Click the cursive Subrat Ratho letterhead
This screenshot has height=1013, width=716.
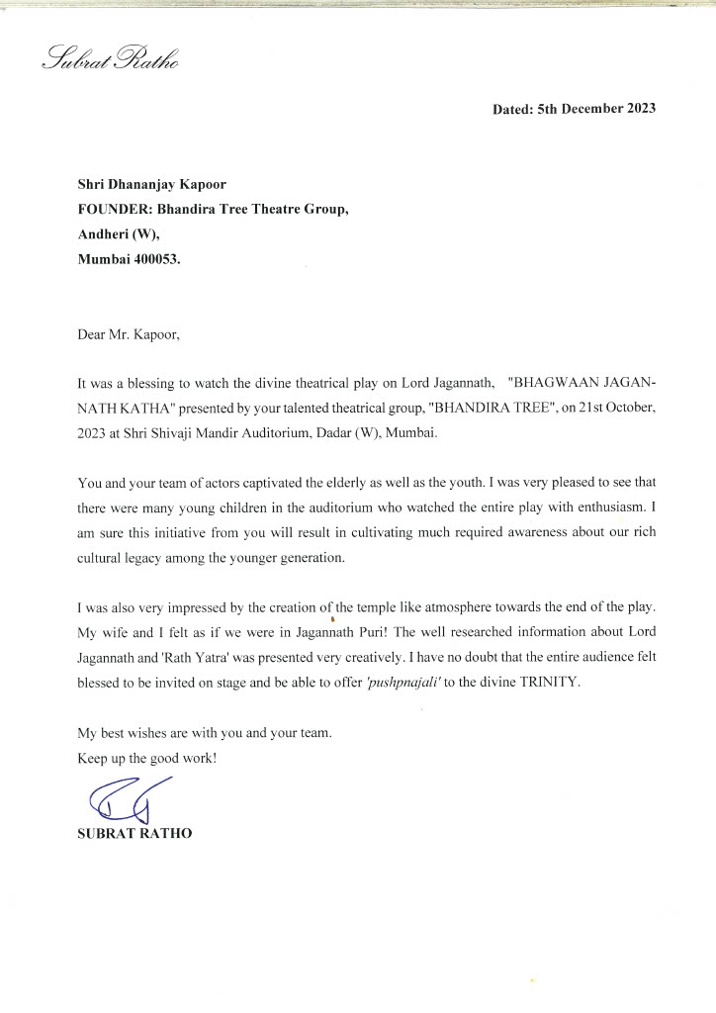click(108, 58)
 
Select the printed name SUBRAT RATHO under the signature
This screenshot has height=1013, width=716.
click(134, 834)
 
